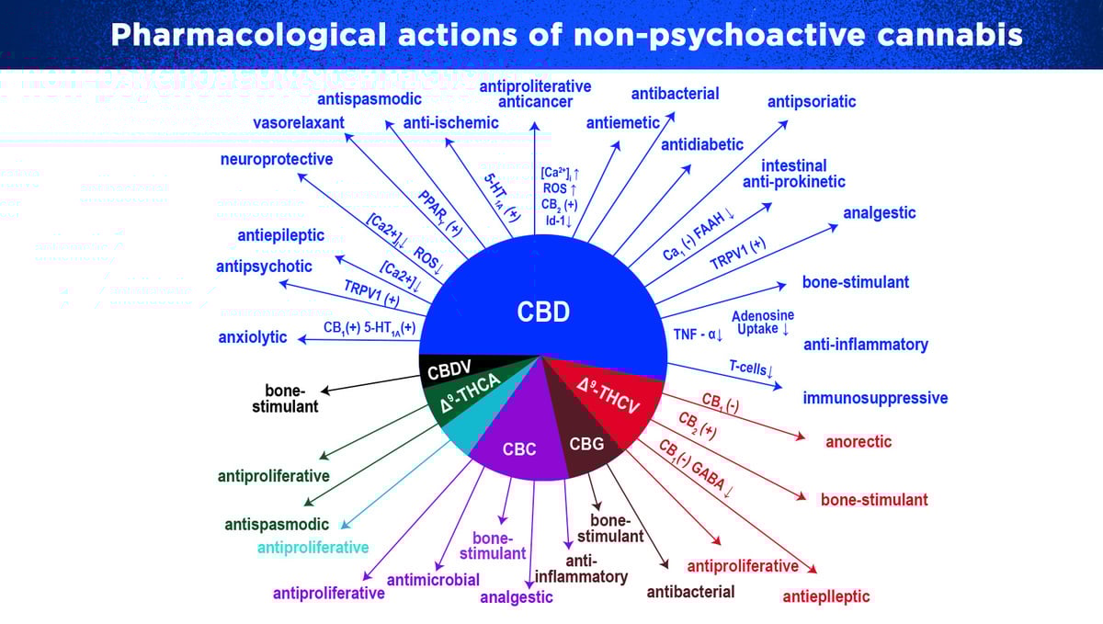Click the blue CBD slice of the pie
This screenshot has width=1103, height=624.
[x=542, y=294]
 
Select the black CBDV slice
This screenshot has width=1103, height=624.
[x=450, y=369]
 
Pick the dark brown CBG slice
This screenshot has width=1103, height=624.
[x=586, y=445]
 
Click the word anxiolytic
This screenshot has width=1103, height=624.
[x=253, y=337]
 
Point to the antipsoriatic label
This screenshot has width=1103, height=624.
[x=812, y=101]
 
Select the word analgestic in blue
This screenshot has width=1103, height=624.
[x=880, y=213]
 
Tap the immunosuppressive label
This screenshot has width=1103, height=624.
[x=875, y=399]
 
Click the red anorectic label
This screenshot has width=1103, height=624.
[x=859, y=441]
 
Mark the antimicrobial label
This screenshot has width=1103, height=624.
[x=433, y=579]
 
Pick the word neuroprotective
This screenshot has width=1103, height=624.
[x=277, y=159]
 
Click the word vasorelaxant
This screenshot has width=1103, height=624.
[x=299, y=123]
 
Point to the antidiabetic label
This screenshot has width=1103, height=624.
[x=702, y=144]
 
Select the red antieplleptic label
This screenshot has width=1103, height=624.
[x=825, y=596]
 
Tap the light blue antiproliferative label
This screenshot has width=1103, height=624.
[x=313, y=548]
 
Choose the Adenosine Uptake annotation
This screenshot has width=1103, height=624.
[x=763, y=322]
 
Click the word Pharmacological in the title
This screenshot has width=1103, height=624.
[x=247, y=35]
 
